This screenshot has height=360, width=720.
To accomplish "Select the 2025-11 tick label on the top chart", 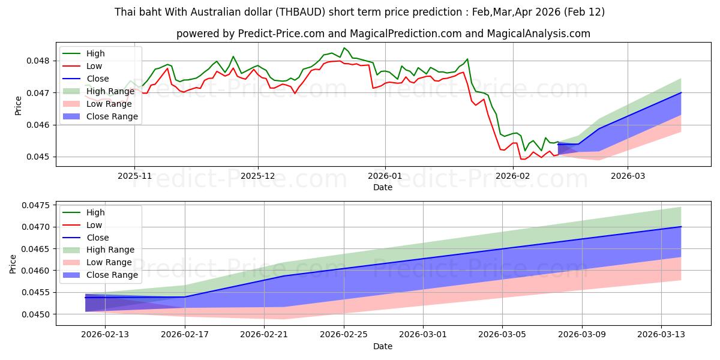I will pyautogui.click(x=134, y=176).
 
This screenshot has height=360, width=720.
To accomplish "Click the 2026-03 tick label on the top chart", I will pyautogui.click(x=628, y=176).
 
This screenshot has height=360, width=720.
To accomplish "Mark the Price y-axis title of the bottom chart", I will pyautogui.click(x=13, y=263).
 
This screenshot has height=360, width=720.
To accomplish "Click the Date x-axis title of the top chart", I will pyautogui.click(x=383, y=187).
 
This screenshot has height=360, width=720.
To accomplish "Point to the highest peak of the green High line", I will pyautogui.click(x=344, y=48).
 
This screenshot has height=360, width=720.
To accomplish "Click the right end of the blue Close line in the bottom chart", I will pyautogui.click(x=681, y=227).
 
